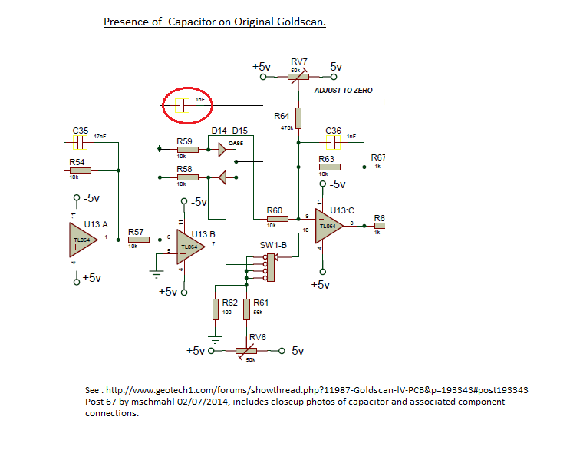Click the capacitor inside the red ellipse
point(182,106)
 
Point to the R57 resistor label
point(136,231)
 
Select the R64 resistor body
point(298,117)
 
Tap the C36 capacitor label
point(333,131)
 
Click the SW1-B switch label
point(272,246)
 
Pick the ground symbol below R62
point(216,336)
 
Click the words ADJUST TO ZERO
point(343,91)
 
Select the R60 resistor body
point(277,219)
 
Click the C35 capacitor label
point(81,131)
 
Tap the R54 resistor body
point(81,170)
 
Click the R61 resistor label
point(260,303)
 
